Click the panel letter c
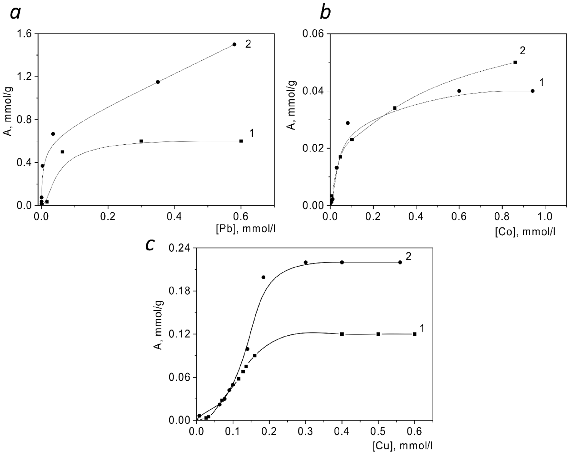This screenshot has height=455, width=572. point(150,245)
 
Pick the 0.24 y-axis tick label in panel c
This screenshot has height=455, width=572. point(180,248)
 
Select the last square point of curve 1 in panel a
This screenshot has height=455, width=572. point(241,141)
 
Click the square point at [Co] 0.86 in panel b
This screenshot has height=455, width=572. point(515,62)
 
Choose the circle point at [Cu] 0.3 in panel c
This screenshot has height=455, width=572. point(306,262)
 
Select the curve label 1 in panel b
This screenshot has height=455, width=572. point(542,83)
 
